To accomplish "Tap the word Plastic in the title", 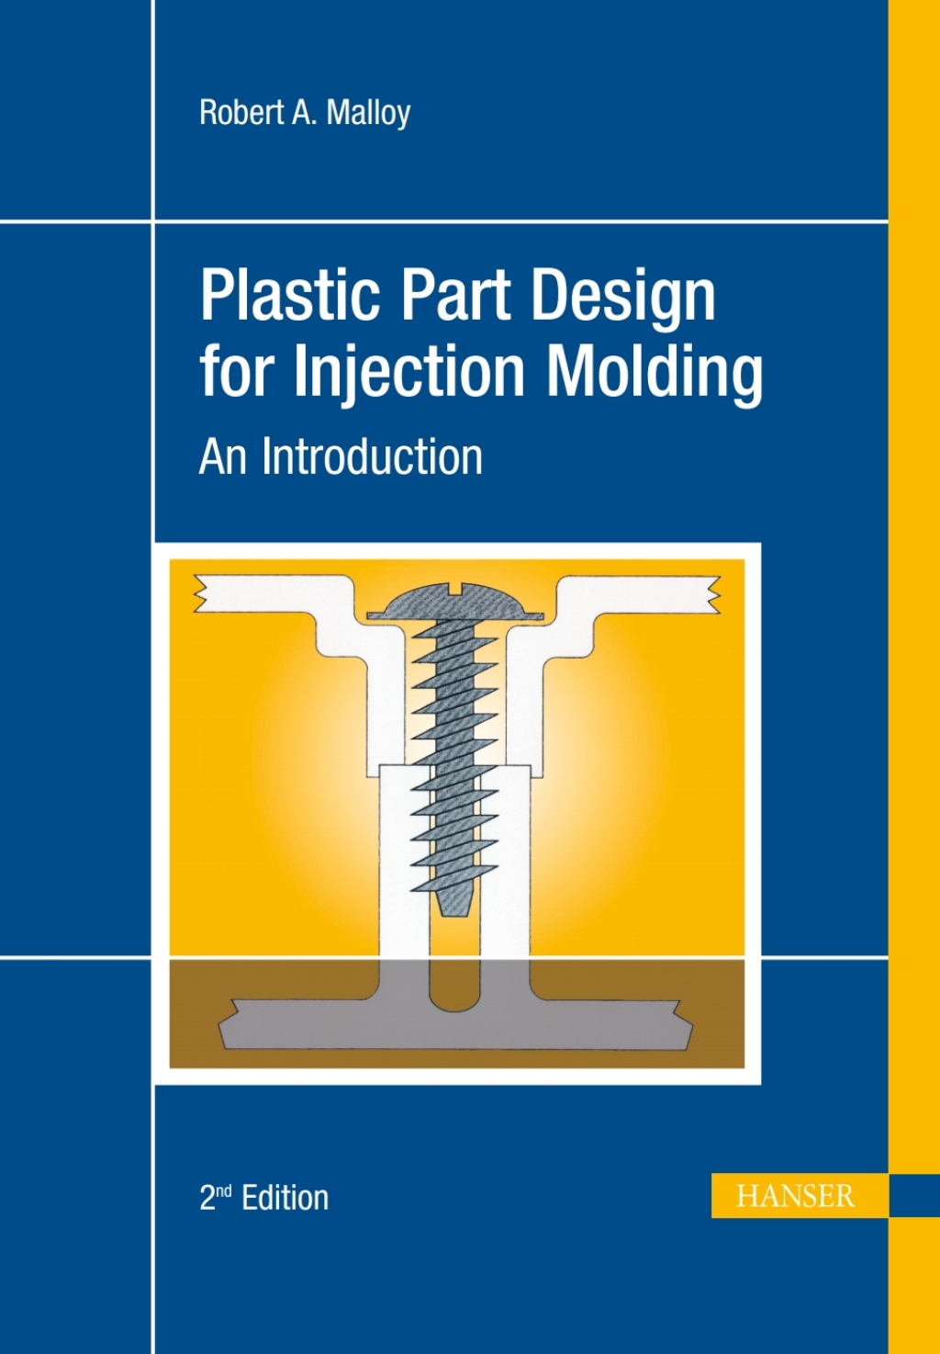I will click(x=289, y=296).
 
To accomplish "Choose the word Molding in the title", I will click(x=655, y=371).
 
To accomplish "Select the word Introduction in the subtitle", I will click(x=372, y=456).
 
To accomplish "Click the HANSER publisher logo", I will click(x=795, y=1196).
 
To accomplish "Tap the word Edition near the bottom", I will click(x=285, y=1198).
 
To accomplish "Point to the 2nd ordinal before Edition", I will click(x=215, y=1197).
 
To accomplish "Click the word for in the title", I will click(x=234, y=371).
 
